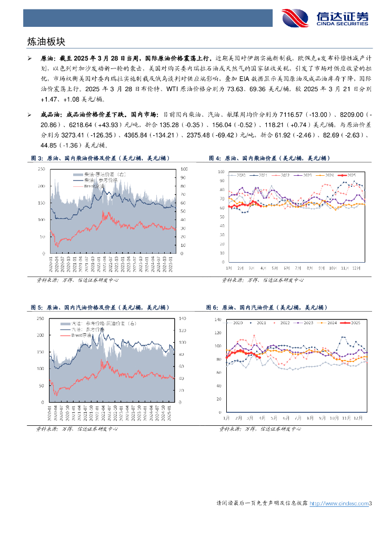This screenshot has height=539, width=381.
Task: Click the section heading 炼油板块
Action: pos(47,41)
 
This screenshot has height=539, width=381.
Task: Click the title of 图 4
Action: pos(268,158)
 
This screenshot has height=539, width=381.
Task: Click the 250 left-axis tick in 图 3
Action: pos(41,169)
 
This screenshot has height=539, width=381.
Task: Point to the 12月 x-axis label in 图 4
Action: pos(356,267)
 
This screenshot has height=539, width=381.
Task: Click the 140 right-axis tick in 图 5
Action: pos(184,318)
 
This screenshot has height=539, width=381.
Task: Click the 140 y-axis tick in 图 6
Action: pos(218,320)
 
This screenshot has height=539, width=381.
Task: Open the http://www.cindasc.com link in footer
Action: pos(338,504)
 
